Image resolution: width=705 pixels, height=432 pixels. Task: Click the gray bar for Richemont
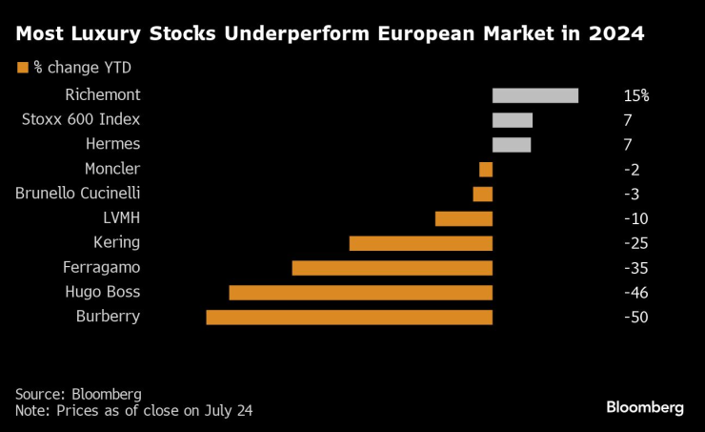click(x=535, y=95)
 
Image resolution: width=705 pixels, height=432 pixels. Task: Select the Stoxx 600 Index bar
click(x=513, y=120)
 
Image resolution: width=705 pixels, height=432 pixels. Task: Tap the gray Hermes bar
click(x=512, y=145)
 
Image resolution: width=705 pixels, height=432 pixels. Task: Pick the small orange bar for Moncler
click(x=486, y=170)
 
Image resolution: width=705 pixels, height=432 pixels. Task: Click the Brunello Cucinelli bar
click(x=483, y=194)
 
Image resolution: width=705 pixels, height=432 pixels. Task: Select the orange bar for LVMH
click(x=464, y=218)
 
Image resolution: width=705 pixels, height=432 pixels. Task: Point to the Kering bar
click(x=421, y=243)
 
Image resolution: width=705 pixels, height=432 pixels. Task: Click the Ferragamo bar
click(x=393, y=268)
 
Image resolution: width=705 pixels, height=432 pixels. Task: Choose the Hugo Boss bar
click(x=361, y=292)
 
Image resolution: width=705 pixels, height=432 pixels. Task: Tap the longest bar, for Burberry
click(x=350, y=317)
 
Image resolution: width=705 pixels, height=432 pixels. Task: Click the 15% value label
click(x=636, y=96)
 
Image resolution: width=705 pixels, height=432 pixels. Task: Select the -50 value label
click(x=635, y=317)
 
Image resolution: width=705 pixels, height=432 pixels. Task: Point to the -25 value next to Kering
click(x=635, y=243)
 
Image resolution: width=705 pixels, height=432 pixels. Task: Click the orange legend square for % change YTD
click(x=22, y=67)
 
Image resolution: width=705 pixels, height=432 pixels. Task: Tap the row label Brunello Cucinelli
click(x=78, y=194)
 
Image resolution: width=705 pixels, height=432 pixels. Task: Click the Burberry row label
click(x=108, y=317)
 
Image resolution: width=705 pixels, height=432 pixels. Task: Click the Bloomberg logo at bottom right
click(x=645, y=407)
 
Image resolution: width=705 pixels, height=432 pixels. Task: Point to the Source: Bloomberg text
click(x=78, y=394)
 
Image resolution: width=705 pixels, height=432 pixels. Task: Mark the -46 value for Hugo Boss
click(x=635, y=292)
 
